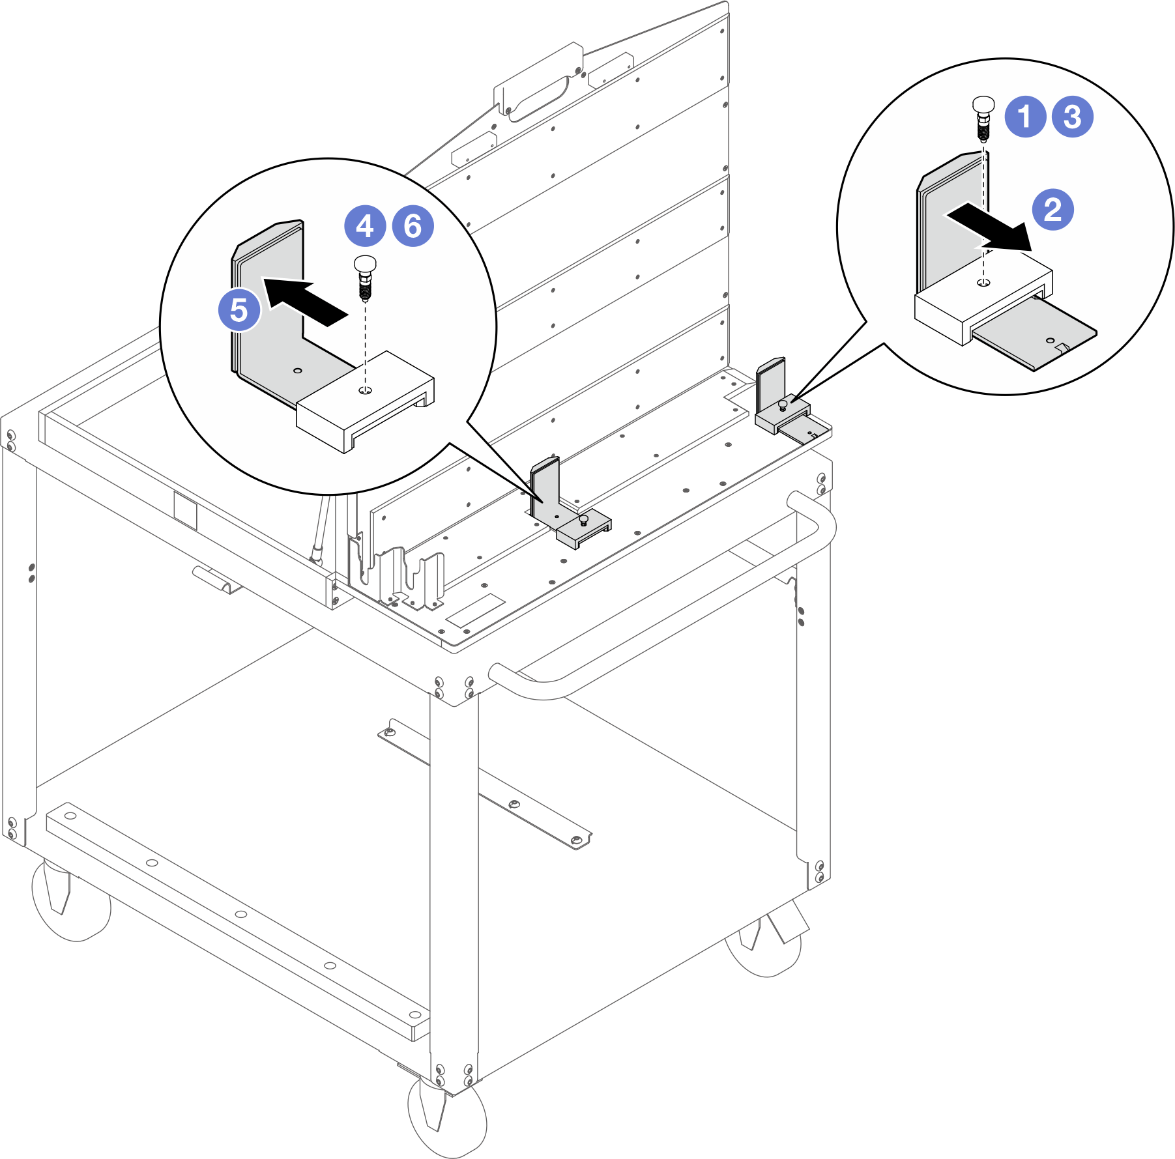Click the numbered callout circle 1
pos(1025,117)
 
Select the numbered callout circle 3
pos(1073,117)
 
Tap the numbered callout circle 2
pos(1053,210)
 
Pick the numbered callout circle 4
pos(365,225)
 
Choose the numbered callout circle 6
pos(413,225)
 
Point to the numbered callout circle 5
pos(239,309)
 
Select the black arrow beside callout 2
pos(989,227)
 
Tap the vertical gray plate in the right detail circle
pos(951,222)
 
